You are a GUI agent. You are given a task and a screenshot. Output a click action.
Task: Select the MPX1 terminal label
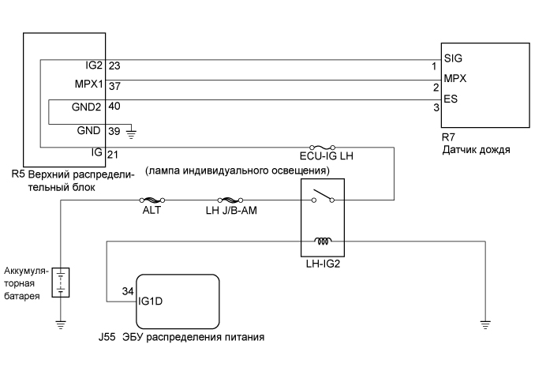click(89, 84)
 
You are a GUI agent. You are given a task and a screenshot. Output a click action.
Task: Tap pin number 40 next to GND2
click(114, 105)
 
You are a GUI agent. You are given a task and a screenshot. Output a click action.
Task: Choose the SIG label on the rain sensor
click(453, 58)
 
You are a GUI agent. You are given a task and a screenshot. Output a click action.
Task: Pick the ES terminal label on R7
click(451, 100)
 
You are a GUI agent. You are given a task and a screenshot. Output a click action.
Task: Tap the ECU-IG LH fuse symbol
click(323, 147)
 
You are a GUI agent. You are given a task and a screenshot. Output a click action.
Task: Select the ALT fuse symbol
click(151, 200)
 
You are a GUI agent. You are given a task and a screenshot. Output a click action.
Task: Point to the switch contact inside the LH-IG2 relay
click(321, 196)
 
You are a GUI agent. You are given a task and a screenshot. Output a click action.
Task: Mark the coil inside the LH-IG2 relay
click(323, 241)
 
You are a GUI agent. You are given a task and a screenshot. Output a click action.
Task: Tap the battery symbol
click(61, 283)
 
